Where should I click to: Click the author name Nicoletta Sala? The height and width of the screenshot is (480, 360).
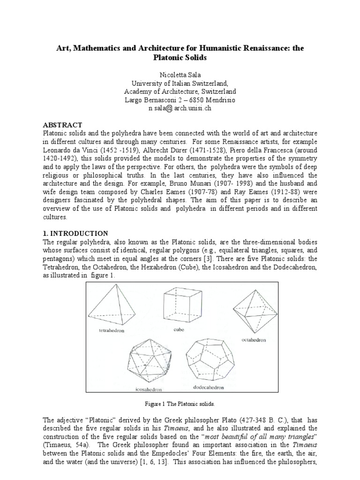coord(180,74)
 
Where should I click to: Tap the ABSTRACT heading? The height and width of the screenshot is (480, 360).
coord(63,125)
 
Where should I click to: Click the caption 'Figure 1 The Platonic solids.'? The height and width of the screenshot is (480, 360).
coord(180,403)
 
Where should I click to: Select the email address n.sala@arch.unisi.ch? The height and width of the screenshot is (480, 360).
coord(180,108)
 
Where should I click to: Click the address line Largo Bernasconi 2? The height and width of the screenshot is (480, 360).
coord(180,100)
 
